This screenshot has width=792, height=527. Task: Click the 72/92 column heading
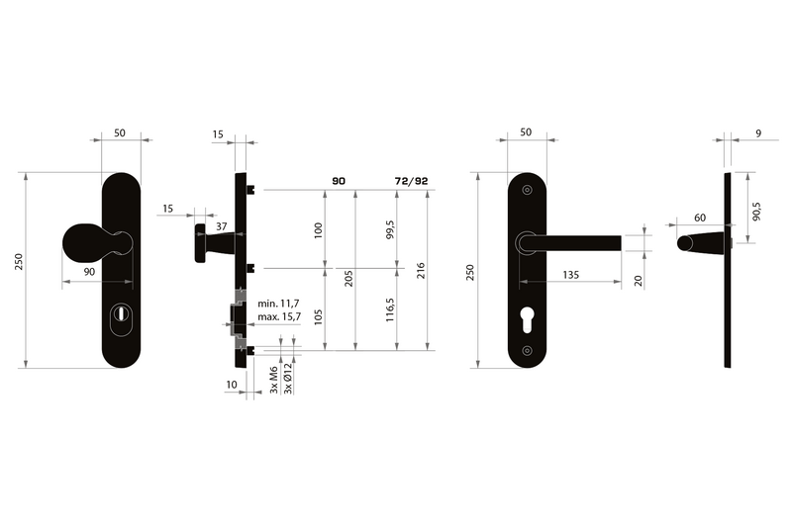pyautogui.click(x=411, y=181)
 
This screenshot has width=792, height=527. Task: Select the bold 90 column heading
pyautogui.click(x=339, y=181)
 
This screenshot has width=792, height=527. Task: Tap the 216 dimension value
pyautogui.click(x=422, y=270)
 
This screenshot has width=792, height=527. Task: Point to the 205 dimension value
pyautogui.click(x=348, y=279)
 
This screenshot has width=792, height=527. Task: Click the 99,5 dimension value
pyautogui.click(x=390, y=229)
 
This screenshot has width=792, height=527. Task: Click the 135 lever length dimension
pyautogui.click(x=570, y=275)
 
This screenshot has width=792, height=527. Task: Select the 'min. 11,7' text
pyautogui.click(x=278, y=304)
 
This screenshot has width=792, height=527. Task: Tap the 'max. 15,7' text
pyautogui.click(x=279, y=317)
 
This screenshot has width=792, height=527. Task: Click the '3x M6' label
pyautogui.click(x=274, y=380)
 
